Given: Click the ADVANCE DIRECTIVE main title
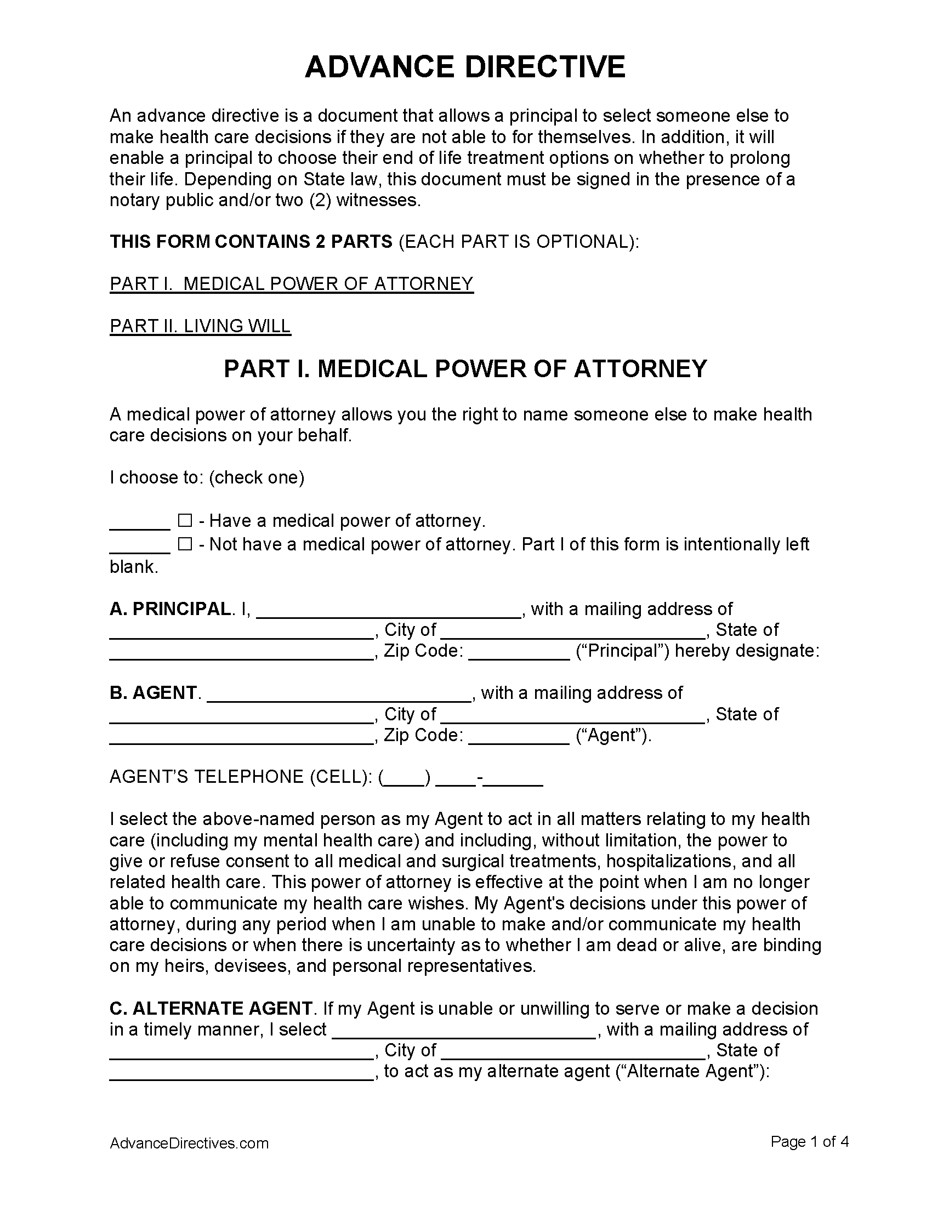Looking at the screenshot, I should pos(465,67).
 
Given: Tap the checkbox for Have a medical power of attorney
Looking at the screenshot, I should pos(184,521).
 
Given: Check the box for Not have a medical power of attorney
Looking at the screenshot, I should pos(184,544).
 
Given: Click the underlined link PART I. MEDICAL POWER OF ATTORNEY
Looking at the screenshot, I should pos(292,284).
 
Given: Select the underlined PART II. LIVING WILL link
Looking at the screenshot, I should pos(200,326).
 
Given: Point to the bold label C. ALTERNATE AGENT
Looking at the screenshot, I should pos(211,1008).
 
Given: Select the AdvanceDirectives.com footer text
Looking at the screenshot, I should pos(189,1143).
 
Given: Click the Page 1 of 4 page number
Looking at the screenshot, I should pos(809,1141).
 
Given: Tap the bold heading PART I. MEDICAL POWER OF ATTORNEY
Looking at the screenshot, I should pos(465,369).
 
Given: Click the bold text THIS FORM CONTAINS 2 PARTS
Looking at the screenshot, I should pos(251,242).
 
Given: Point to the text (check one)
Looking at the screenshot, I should pos(256,477).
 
